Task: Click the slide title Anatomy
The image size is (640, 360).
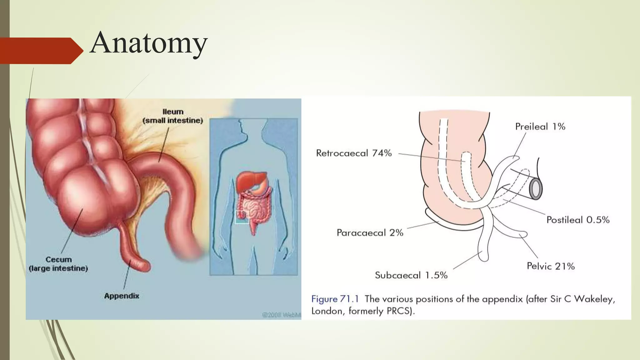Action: [x=148, y=43]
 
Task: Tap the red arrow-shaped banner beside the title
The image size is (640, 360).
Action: [x=41, y=51]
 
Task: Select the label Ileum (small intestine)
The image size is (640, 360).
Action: [x=173, y=116]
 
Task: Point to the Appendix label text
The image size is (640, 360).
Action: [x=122, y=296]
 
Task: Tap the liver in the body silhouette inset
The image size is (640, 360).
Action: [x=247, y=181]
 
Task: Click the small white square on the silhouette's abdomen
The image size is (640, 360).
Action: [x=242, y=217]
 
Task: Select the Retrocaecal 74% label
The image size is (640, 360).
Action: [x=354, y=153]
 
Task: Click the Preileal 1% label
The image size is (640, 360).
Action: [x=540, y=127]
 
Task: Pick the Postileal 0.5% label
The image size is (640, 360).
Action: [x=578, y=220]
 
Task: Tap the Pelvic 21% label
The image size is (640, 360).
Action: [x=551, y=266]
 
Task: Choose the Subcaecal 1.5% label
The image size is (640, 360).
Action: [x=411, y=275]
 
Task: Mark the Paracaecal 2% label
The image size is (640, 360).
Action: [x=370, y=233]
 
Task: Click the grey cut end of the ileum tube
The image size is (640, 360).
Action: [x=536, y=189]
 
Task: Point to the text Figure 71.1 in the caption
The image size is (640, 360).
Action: [x=335, y=299]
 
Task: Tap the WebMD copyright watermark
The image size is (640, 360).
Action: [x=281, y=315]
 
